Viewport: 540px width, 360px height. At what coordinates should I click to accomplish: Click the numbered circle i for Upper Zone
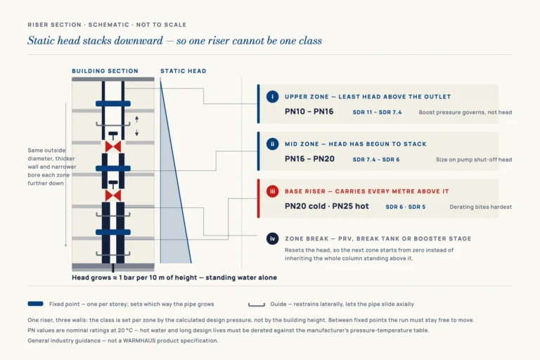click(272, 96)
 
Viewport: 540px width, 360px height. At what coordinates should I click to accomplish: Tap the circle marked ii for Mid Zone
click(272, 143)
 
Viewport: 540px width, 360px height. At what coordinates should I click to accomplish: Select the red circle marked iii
click(272, 191)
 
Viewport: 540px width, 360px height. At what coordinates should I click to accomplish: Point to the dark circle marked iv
click(272, 238)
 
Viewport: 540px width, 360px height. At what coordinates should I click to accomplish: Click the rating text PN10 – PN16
click(309, 112)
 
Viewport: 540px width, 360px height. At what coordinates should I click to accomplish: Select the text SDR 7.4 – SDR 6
click(376, 160)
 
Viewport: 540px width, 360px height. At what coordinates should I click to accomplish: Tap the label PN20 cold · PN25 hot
click(326, 206)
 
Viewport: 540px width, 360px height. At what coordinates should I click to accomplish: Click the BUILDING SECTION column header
click(105, 71)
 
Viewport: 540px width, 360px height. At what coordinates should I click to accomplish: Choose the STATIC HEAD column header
click(184, 71)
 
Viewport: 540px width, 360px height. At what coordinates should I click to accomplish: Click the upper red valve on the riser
click(113, 147)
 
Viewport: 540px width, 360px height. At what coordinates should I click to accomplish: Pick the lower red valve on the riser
click(113, 195)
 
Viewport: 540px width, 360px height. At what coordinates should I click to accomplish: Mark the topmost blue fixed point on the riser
click(113, 103)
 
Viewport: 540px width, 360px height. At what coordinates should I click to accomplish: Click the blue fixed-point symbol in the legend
click(35, 304)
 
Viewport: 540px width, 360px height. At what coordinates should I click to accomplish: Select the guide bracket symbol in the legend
click(257, 305)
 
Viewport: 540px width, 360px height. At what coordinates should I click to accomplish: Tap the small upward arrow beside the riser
click(136, 120)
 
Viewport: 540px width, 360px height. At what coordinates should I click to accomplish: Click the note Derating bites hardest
click(481, 207)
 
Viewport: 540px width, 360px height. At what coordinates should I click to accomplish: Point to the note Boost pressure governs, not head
click(465, 112)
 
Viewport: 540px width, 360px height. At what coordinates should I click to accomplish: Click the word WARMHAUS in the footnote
click(139, 340)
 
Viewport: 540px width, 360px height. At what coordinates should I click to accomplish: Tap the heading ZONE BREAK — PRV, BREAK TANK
click(348, 239)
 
